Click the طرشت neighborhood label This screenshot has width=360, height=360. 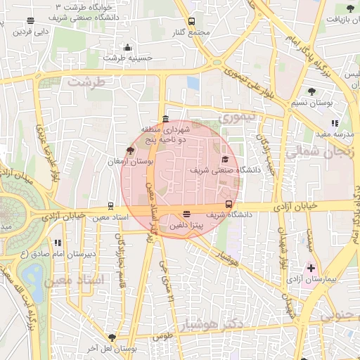click(x=86, y=82)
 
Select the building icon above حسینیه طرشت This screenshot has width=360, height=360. click(x=127, y=48)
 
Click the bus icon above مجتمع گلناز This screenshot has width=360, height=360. click(x=192, y=22)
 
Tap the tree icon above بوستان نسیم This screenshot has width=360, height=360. click(x=311, y=91)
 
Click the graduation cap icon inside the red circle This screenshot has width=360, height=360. click(x=225, y=159)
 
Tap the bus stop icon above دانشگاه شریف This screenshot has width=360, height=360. click(x=229, y=205)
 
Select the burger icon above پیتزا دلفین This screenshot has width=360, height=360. click(x=186, y=214)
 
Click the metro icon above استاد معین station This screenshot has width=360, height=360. click(x=110, y=207)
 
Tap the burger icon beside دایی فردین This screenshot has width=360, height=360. click(x=58, y=31)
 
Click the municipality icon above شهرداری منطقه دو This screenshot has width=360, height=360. click(x=165, y=119)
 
